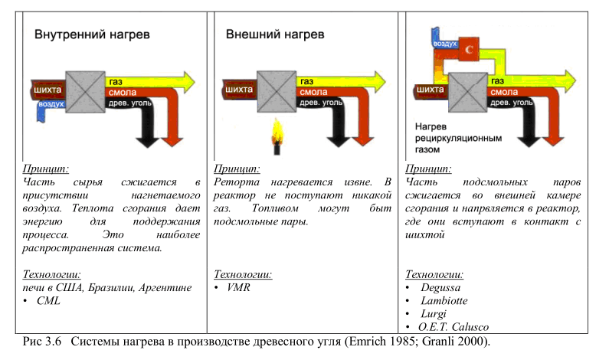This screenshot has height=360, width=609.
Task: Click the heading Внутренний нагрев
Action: [x=90, y=35]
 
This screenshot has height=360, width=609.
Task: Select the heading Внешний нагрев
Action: [x=274, y=35]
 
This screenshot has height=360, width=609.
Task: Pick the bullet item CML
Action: [x=48, y=301]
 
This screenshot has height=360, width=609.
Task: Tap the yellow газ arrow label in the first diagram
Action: [x=116, y=82]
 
